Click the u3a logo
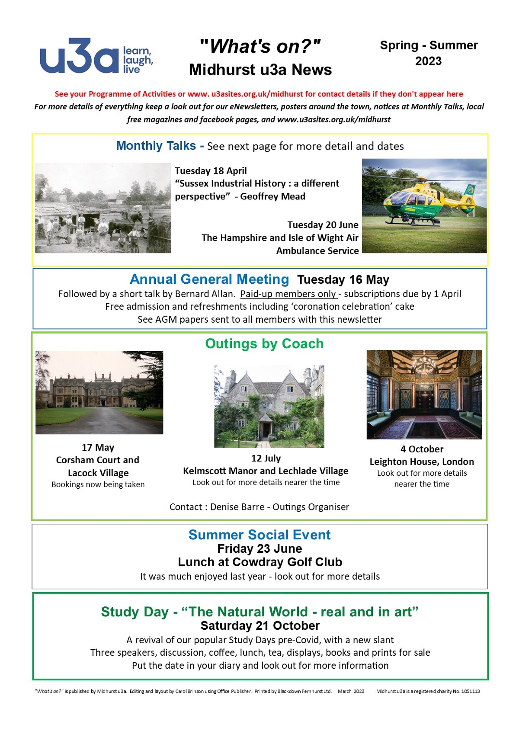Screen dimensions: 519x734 [x=96, y=56]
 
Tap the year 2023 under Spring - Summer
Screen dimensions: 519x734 [x=428, y=61]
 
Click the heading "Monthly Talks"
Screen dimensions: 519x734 [x=156, y=146]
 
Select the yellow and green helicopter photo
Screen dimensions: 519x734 [x=424, y=206]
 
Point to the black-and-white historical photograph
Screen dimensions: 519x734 [x=103, y=208]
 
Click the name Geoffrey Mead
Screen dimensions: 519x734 [x=272, y=196]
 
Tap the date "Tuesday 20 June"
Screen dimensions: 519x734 [x=323, y=225]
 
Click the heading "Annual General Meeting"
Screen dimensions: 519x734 [x=209, y=279]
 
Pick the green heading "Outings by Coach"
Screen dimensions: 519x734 [x=264, y=344]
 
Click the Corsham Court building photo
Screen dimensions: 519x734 [x=99, y=393]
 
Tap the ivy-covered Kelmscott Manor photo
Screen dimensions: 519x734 [x=269, y=406]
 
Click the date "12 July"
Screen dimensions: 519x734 [x=266, y=458]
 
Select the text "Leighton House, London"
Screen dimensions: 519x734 [x=422, y=462]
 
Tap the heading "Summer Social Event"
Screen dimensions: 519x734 [x=259, y=535]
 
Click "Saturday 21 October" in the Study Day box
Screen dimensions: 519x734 [x=260, y=625]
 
